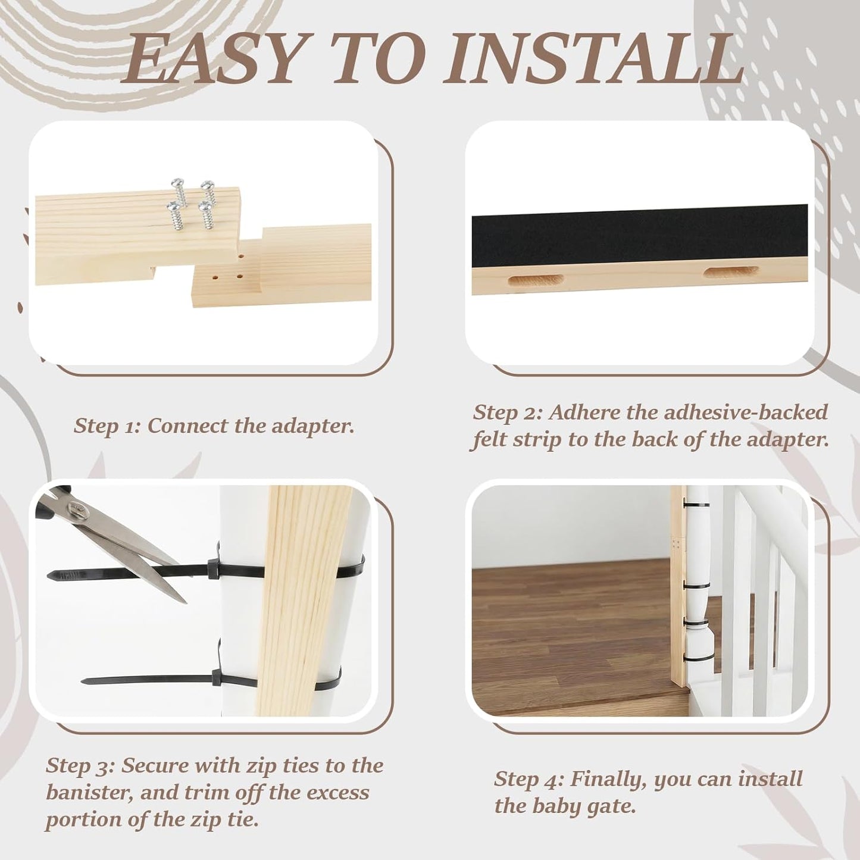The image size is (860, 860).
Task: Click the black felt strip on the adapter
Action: pyautogui.click(x=640, y=236)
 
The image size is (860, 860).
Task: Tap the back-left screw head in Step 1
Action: pyautogui.click(x=177, y=183)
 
